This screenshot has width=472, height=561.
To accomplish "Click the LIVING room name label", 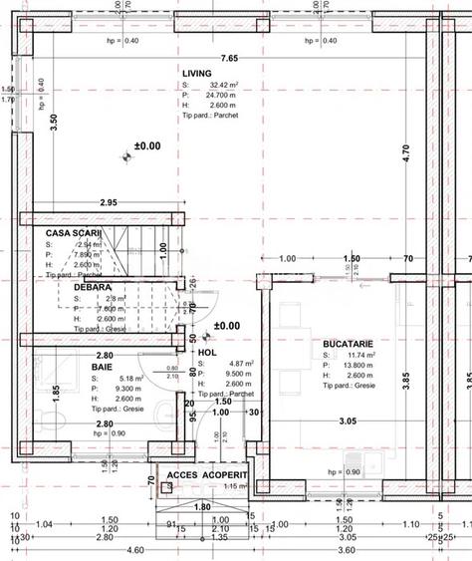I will [197, 73].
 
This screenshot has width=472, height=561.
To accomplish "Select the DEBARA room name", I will [93, 287].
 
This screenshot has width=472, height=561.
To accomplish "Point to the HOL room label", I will [207, 353].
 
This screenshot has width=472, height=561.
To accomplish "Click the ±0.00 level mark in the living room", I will [147, 146].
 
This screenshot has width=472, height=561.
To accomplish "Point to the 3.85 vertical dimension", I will [404, 379].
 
